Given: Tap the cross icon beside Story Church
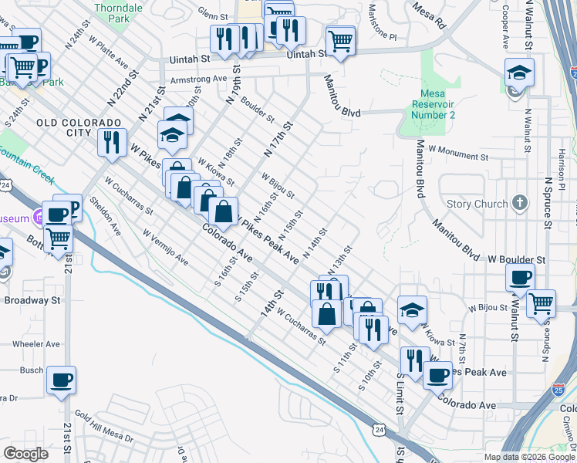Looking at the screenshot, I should pos(520,203).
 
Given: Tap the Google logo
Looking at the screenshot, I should pos(25,454).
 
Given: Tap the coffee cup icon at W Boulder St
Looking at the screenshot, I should pos(520,278).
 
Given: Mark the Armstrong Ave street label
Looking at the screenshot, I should pos(198,78).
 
